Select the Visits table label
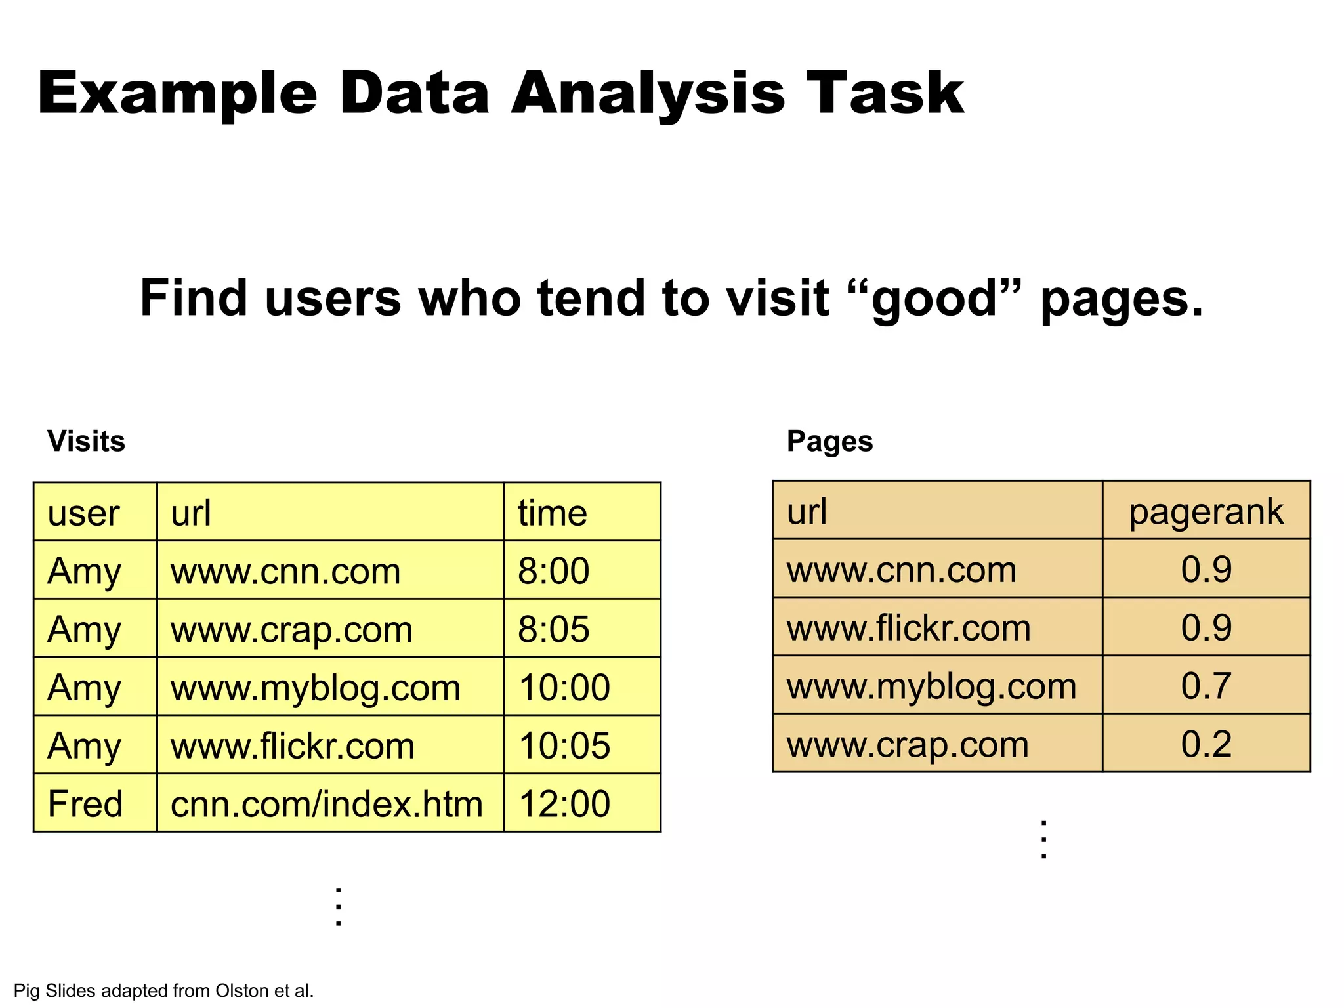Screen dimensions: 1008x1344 (x=86, y=441)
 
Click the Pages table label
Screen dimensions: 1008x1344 (x=829, y=441)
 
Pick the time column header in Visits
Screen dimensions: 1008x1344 (x=552, y=513)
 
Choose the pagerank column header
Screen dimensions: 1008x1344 (x=1206, y=511)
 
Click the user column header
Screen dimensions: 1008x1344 (x=83, y=513)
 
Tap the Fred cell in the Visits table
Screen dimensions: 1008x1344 (x=85, y=803)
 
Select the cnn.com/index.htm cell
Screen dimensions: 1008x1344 (x=326, y=803)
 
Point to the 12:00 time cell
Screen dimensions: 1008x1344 (x=564, y=803)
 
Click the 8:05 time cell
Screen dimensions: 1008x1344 (x=553, y=629)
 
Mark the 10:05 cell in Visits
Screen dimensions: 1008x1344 (x=564, y=745)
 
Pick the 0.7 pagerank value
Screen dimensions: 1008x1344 (x=1206, y=686)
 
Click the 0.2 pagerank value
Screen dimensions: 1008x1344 (x=1206, y=744)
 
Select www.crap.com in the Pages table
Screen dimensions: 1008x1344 (x=908, y=744)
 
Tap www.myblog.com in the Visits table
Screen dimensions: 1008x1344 (x=315, y=687)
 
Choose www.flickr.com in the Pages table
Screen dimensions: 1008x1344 (x=908, y=627)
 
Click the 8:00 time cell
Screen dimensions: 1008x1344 (x=553, y=570)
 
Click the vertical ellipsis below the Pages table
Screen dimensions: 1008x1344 (x=1043, y=839)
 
